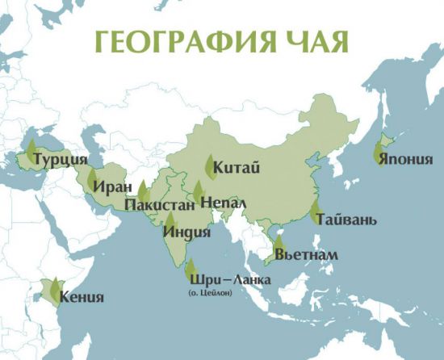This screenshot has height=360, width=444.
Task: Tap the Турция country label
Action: point(61,160)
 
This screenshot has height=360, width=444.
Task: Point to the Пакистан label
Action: point(160,206)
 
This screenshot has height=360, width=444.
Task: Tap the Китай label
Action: point(237,168)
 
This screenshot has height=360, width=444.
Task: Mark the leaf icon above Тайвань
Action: point(314,211)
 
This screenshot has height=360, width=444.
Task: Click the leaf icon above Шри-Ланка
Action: point(191,270)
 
